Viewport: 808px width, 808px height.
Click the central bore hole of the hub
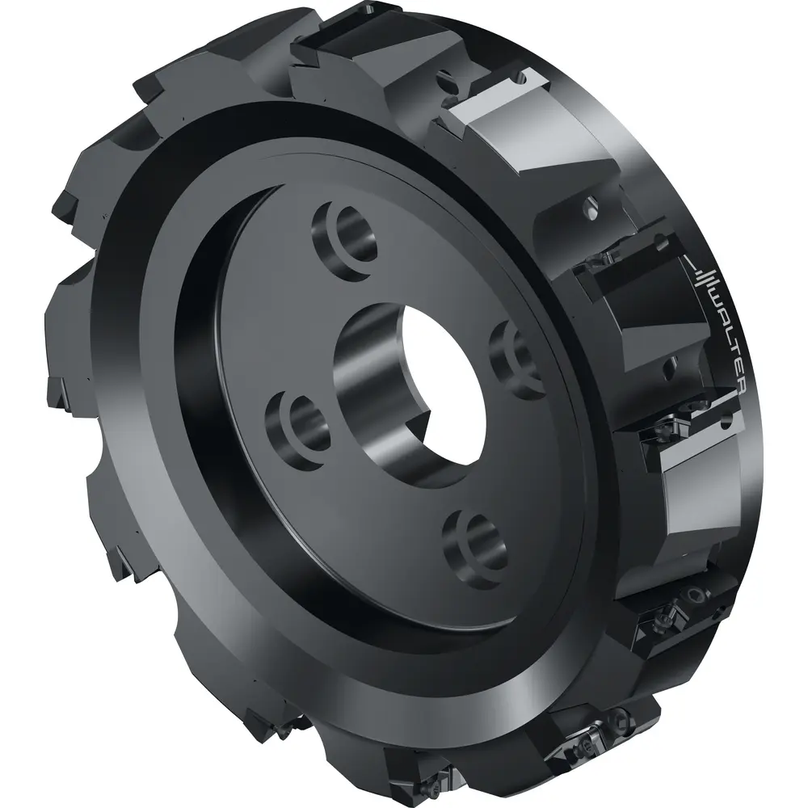pyautogui.click(x=412, y=392)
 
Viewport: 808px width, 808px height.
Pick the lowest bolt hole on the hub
pyautogui.click(x=474, y=547)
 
